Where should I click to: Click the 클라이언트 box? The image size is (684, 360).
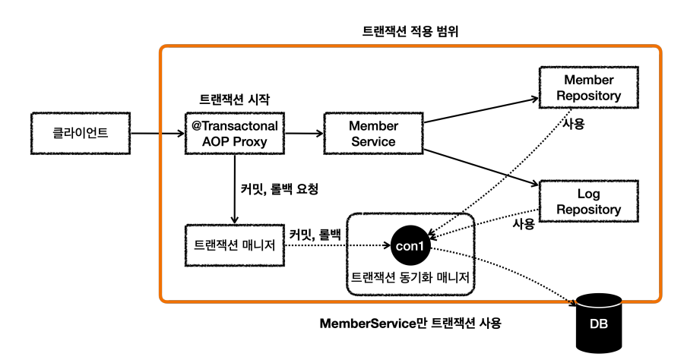point(81,133)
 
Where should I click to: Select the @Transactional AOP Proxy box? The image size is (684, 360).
point(235,133)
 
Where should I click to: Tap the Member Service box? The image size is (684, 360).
point(373,133)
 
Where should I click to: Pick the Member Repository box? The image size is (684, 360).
point(589,87)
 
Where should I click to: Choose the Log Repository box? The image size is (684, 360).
point(589,201)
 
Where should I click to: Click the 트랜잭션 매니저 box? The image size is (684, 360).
point(235,245)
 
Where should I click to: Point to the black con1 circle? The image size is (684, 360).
point(410,245)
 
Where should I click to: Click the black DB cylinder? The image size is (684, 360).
point(599,323)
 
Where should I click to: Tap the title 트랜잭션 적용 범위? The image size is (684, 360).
point(410,31)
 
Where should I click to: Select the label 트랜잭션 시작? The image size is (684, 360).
point(235,99)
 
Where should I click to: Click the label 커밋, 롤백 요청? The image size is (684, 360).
point(280,189)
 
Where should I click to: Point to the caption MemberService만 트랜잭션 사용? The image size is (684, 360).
point(410,323)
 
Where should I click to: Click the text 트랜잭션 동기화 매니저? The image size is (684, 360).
point(410,277)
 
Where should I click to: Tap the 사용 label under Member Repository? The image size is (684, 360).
point(573,124)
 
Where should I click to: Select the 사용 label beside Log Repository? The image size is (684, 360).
point(524,223)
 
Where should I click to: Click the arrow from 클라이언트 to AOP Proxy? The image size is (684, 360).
point(157,134)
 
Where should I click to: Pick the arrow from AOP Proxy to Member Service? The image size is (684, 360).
point(304,134)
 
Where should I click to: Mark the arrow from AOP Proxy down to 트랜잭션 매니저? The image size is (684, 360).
point(235,189)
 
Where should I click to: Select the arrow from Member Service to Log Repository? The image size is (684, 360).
point(481,168)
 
